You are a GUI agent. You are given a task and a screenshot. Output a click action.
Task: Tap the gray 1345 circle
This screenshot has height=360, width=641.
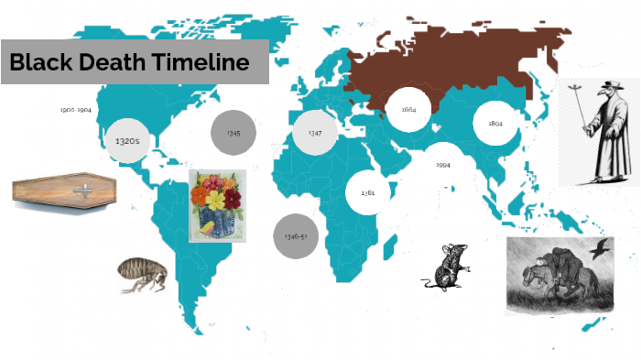coord(234,133)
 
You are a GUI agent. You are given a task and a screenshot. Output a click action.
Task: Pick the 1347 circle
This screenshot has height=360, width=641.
coord(315,133)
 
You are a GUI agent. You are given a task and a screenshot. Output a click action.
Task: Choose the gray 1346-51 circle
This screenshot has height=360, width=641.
coord(296,236)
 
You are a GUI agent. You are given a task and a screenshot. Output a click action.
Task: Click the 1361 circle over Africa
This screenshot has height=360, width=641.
coord(368,193)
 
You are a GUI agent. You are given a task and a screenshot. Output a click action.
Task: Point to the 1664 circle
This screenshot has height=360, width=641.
coord(408,110)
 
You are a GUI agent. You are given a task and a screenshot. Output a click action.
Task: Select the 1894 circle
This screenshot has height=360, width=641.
coord(495,123)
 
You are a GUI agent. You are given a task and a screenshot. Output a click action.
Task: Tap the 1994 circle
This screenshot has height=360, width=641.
coord(443,165)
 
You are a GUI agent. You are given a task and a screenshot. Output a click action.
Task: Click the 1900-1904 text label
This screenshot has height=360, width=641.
coord(76,109)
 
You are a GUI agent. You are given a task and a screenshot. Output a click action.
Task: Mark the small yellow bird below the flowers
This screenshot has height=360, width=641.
coord(208,225)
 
